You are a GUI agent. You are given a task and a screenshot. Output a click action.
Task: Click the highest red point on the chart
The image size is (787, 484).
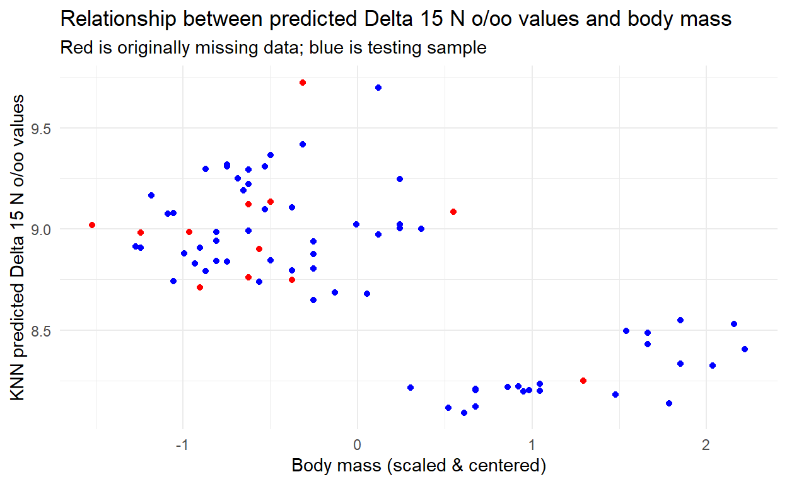[303, 83]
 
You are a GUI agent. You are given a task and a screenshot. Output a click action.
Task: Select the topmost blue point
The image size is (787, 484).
[378, 88]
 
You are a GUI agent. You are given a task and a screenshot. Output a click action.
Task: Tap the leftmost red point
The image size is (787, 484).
[92, 225]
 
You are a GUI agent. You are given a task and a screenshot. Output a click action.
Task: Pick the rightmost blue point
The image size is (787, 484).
[745, 349]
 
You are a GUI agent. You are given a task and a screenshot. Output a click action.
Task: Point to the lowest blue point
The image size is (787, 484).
[464, 413]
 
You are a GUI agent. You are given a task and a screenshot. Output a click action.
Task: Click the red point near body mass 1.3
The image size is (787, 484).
[583, 381]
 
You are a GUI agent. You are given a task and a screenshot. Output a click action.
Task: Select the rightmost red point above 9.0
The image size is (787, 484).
[453, 212]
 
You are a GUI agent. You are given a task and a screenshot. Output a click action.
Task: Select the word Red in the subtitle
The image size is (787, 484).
[73, 48]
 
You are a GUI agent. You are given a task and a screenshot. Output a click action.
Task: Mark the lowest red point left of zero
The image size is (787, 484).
[200, 287]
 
